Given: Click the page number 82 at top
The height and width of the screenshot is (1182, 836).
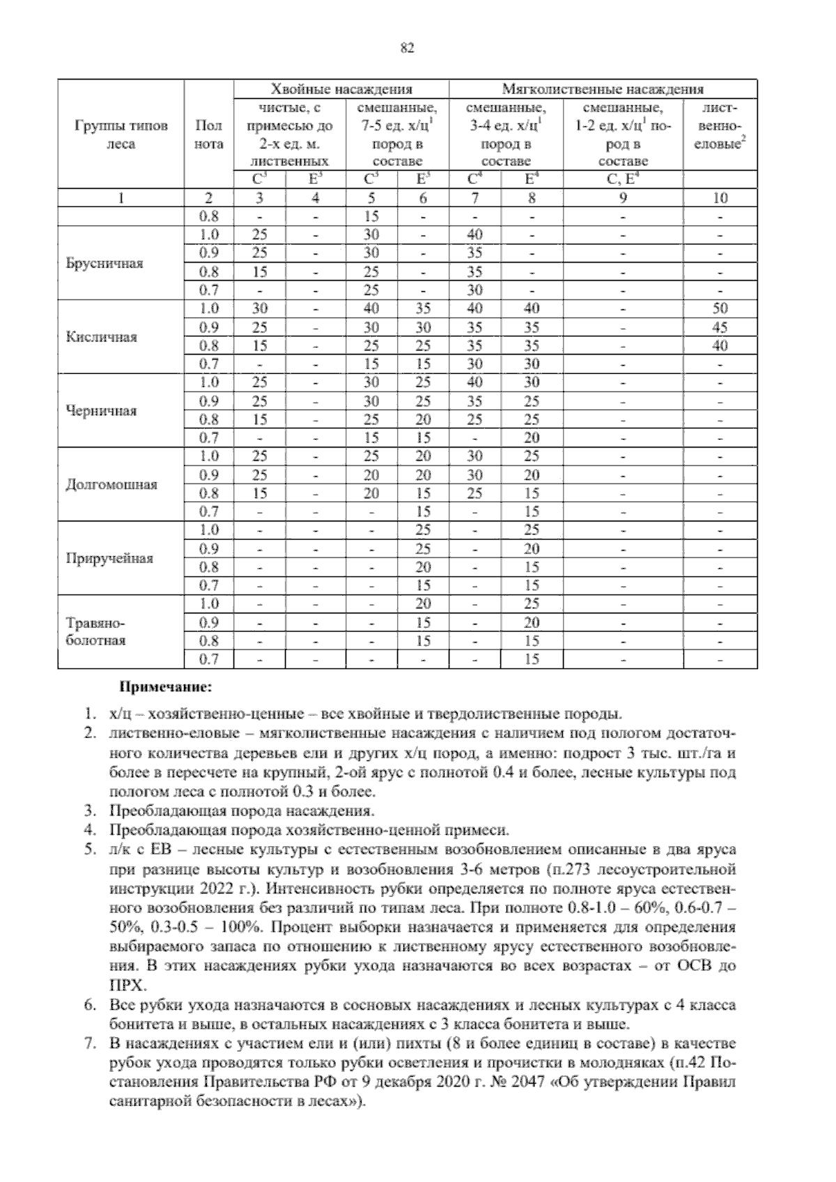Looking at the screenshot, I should [x=408, y=48].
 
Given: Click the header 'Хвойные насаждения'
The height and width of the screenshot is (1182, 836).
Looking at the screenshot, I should [x=341, y=89].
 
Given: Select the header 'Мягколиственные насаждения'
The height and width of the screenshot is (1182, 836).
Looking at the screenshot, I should [x=603, y=89].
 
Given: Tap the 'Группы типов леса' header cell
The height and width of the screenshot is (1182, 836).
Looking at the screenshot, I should [x=121, y=135].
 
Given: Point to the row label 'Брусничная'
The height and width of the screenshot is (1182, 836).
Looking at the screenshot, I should [x=104, y=263].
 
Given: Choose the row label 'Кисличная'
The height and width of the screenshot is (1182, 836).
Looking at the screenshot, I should [x=101, y=337].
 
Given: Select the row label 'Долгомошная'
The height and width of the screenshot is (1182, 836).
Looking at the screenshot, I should [x=111, y=484].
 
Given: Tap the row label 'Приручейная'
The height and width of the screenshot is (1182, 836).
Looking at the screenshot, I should [x=109, y=558].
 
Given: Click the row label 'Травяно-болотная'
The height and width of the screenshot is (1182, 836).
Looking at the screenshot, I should [x=95, y=631].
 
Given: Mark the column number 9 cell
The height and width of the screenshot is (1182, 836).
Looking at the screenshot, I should [x=623, y=198].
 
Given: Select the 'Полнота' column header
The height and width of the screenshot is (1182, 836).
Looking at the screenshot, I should [x=208, y=135].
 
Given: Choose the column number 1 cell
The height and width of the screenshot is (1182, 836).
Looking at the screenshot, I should [x=121, y=198].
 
